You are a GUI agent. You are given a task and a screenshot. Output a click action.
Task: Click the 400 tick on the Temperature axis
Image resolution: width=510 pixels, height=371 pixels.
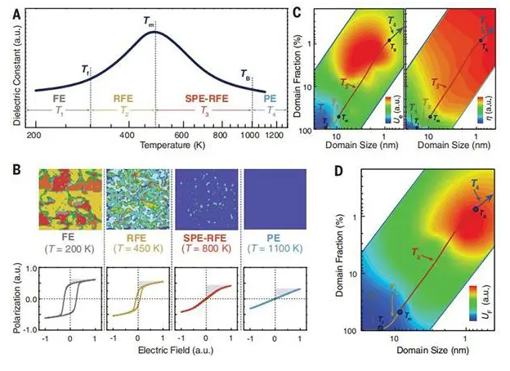[x=127, y=132]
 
